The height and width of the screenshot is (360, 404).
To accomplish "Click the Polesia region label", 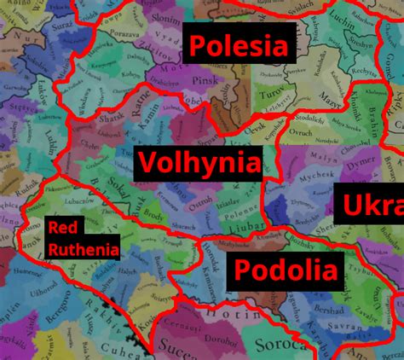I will pyautogui.click(x=240, y=44).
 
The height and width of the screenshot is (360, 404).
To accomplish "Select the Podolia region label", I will pyautogui.click(x=286, y=271).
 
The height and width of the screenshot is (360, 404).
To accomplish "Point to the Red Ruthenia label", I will pyautogui.click(x=84, y=238).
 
